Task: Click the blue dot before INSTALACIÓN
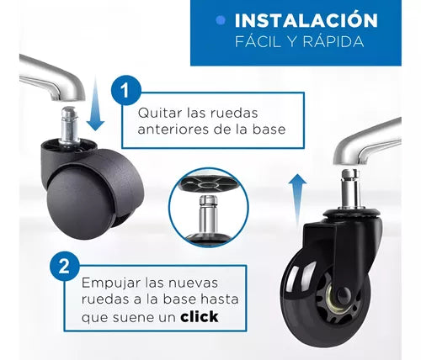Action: pos(221,20)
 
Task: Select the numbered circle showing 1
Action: pos(125,90)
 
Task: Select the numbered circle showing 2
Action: pos(64,266)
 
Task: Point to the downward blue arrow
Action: pos(95,103)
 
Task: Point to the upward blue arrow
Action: pos(297,200)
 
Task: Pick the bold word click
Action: pos(200,317)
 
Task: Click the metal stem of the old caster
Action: pos(70,124)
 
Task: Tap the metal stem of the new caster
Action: pos(351,188)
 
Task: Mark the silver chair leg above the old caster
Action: pos(52,77)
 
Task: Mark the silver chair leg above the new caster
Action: pos(367,143)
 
